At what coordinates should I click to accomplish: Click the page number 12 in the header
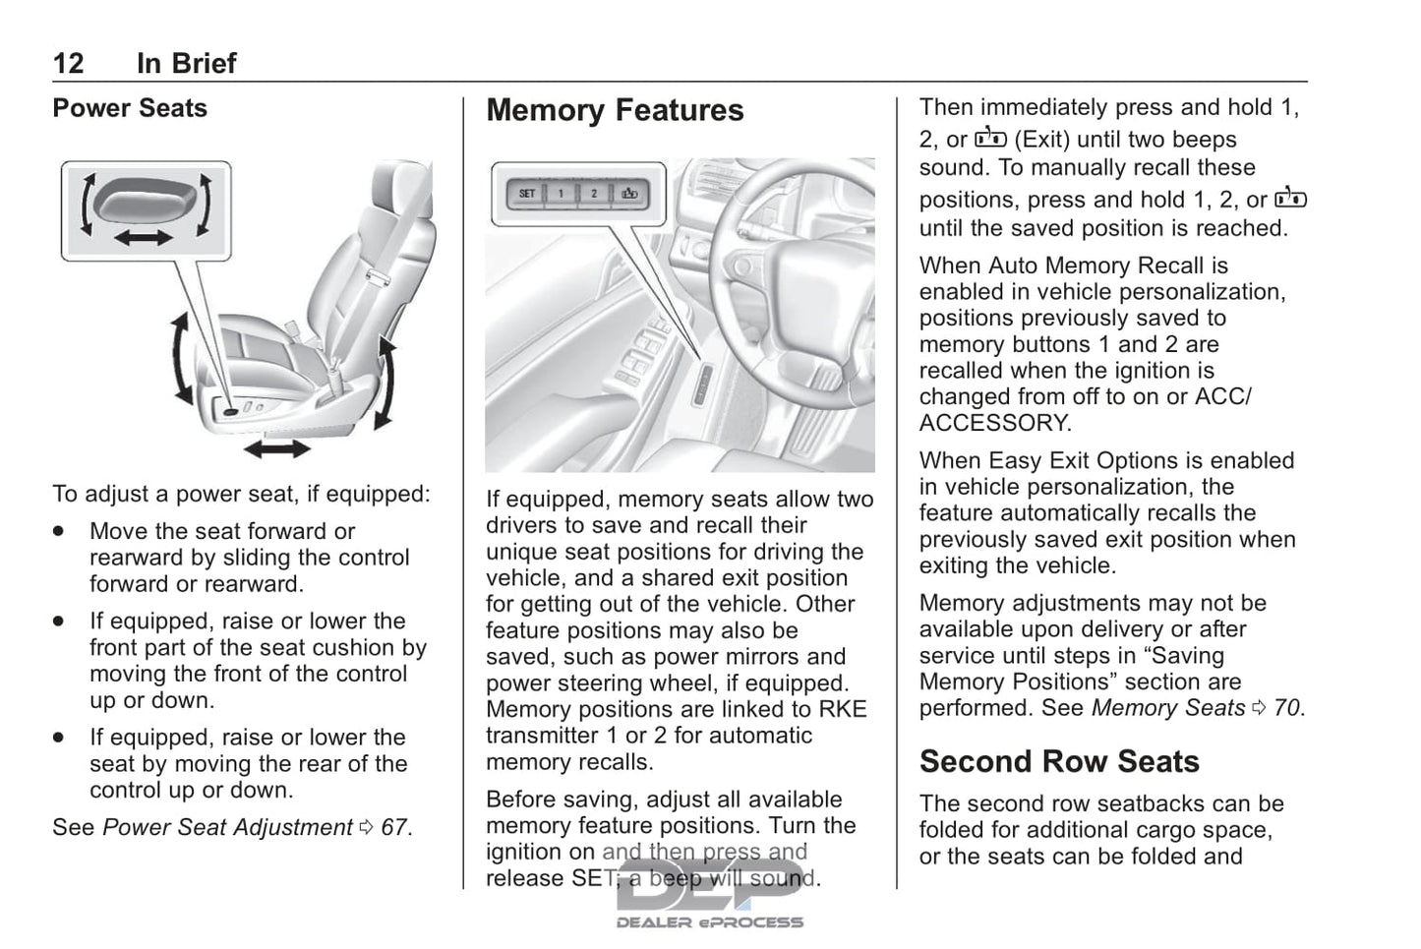point(68,64)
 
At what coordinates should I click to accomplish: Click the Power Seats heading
point(130,108)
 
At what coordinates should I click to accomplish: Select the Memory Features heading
point(615,111)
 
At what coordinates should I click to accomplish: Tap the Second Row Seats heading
point(1059,762)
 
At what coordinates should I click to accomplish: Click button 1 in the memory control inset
point(562,194)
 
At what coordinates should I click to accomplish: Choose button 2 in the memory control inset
point(594,194)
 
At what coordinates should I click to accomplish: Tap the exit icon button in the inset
point(628,194)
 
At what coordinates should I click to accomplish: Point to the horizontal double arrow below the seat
point(277,449)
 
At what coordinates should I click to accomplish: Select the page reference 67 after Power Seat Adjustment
point(394,828)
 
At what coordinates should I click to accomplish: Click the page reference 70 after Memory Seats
point(1287,708)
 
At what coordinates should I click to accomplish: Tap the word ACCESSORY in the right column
point(993,424)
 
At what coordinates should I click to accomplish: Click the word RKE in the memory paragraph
point(844,710)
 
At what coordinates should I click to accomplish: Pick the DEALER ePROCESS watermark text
point(709,922)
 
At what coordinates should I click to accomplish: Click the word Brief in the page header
point(187,64)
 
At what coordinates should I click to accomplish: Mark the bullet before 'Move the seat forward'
point(60,531)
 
